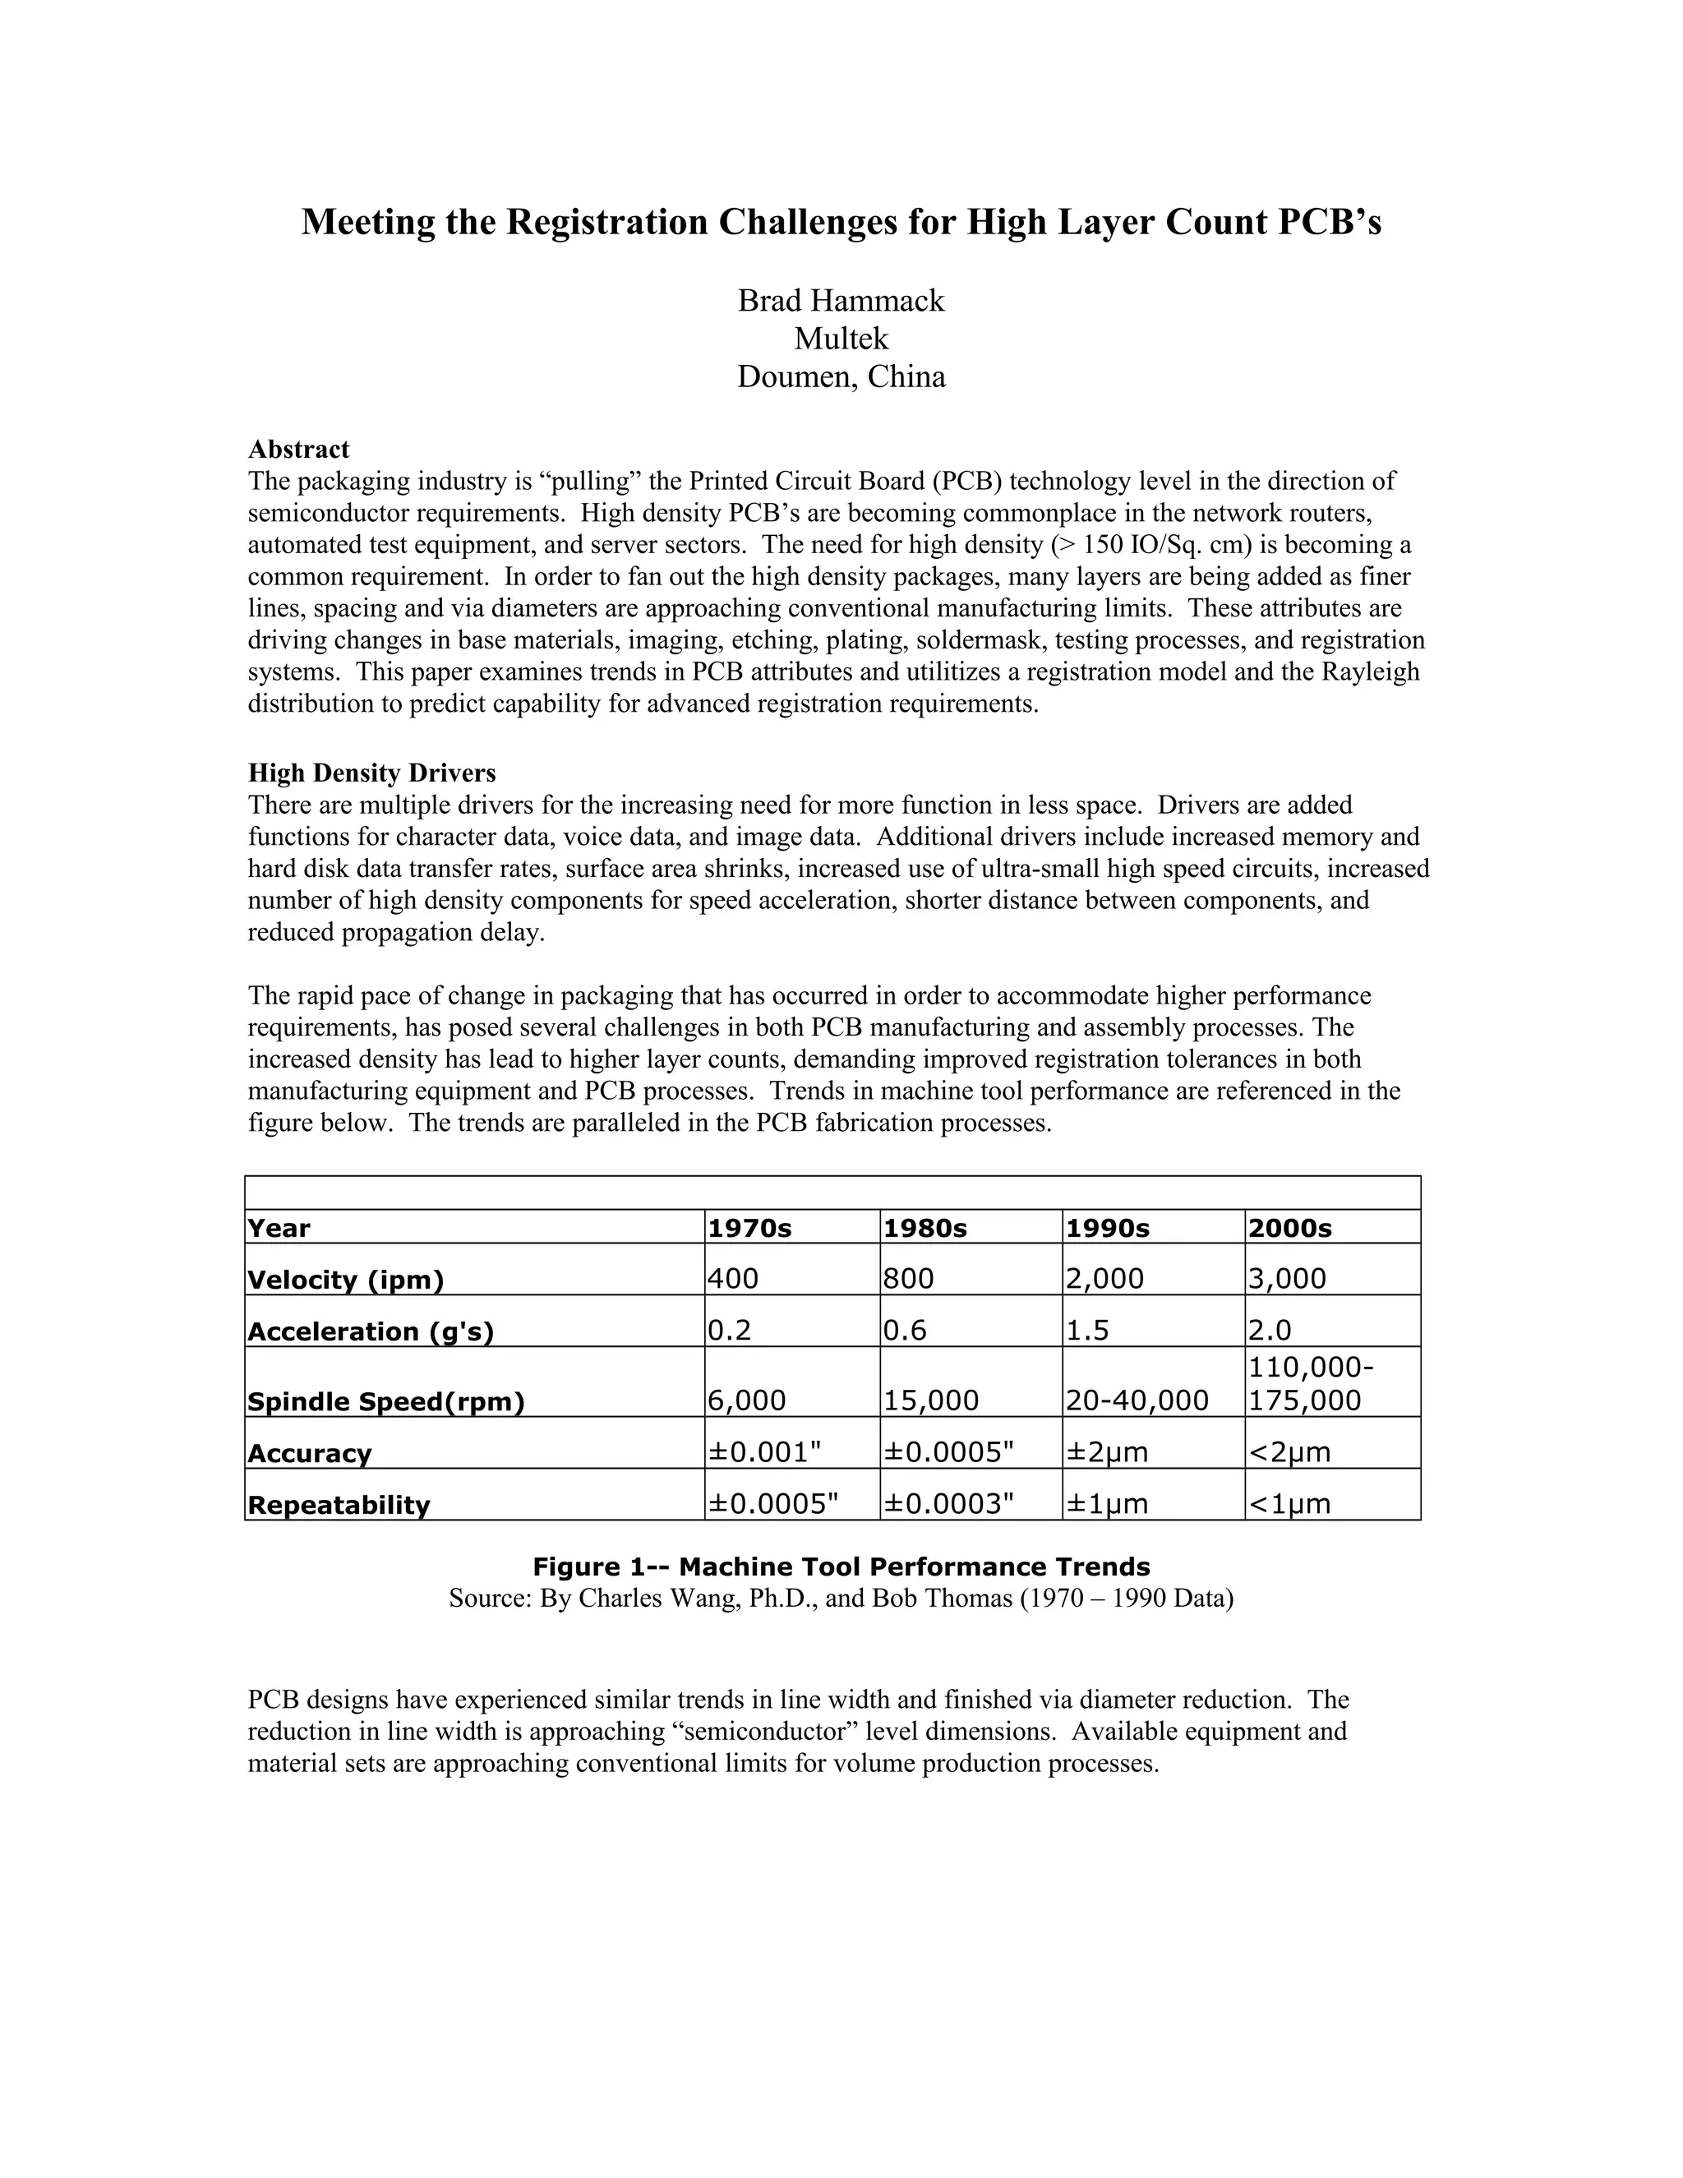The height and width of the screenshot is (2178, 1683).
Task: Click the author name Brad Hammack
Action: tap(841, 301)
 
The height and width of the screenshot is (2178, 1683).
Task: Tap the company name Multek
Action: tap(841, 339)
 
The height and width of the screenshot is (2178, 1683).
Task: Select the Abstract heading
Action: tap(298, 449)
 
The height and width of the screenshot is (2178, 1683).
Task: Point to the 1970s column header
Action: tap(749, 1229)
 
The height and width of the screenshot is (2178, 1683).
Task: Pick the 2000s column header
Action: tap(1289, 1229)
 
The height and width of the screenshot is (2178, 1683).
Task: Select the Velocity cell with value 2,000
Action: tap(1104, 1279)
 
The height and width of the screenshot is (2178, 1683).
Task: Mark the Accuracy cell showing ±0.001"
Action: tap(763, 1452)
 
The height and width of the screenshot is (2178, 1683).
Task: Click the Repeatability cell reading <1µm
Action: tap(1289, 1504)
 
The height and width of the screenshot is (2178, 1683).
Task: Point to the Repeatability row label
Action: tap(338, 1505)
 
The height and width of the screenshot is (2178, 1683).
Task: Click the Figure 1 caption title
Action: tap(841, 1567)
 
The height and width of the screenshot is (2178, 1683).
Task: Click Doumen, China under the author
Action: tap(841, 377)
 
